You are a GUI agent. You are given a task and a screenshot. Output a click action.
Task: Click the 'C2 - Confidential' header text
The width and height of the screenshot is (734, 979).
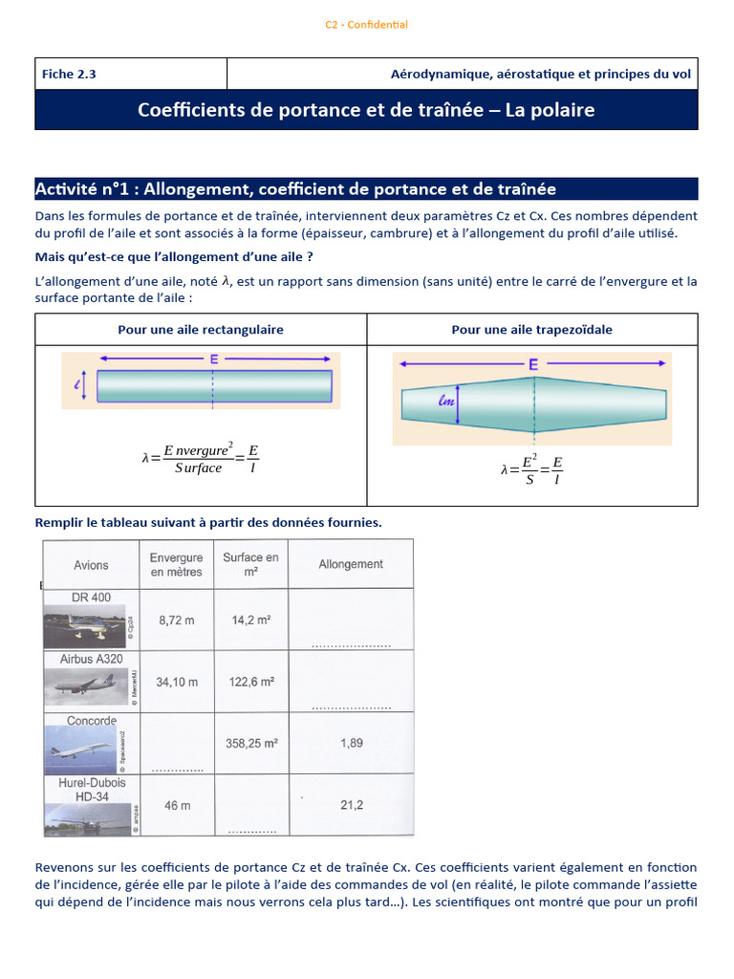tap(366, 25)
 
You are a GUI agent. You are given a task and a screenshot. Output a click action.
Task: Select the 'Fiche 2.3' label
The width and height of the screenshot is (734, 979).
tap(69, 74)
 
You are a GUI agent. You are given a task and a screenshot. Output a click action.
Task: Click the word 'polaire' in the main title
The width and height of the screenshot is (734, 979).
tap(563, 110)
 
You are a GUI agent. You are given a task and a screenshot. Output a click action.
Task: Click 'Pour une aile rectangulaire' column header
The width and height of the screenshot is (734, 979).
tap(201, 330)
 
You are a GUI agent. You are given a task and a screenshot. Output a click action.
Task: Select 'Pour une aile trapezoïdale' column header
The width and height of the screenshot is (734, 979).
tap(532, 330)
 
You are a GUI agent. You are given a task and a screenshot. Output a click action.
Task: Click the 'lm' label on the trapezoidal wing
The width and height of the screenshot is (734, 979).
tap(445, 402)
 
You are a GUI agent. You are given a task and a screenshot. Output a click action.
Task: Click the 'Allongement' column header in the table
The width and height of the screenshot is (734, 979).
tap(351, 564)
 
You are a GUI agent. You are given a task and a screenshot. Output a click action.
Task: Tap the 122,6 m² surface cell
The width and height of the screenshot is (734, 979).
tap(253, 682)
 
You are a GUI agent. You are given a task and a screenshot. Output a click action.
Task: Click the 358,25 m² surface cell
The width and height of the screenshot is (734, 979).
tap(253, 743)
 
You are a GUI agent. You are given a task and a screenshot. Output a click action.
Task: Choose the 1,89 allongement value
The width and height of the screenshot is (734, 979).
tap(351, 743)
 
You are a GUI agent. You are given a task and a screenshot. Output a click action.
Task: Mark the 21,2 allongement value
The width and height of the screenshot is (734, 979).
tap(351, 805)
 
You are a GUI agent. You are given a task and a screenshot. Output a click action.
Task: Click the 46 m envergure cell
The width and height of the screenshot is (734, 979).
tap(177, 805)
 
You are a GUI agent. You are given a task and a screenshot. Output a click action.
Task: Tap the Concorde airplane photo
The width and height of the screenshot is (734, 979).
tap(84, 751)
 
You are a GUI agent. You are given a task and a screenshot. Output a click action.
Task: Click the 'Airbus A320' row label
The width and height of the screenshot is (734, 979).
tap(92, 659)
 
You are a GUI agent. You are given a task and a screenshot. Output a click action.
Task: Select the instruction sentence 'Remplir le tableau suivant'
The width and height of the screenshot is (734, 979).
tap(208, 522)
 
